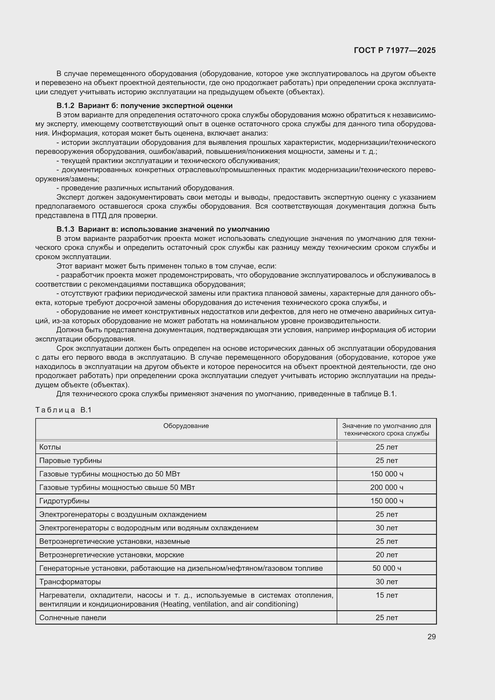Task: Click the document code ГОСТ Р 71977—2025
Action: [395, 51]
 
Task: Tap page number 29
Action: [431, 637]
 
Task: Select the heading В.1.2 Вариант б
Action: [144, 106]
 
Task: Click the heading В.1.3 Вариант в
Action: [163, 229]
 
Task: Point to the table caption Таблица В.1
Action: [63, 410]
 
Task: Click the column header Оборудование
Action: [186, 426]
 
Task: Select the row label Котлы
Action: [50, 447]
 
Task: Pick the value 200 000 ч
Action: [386, 488]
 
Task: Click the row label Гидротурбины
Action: [64, 501]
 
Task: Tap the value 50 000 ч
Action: [386, 568]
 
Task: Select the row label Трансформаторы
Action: [70, 582]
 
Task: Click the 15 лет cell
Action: [386, 595]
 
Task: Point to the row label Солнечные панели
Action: [72, 618]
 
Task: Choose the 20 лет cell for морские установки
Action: [386, 555]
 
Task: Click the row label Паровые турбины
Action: [70, 461]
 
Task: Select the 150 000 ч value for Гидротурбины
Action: [386, 501]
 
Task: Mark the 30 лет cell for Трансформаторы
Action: [386, 582]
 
